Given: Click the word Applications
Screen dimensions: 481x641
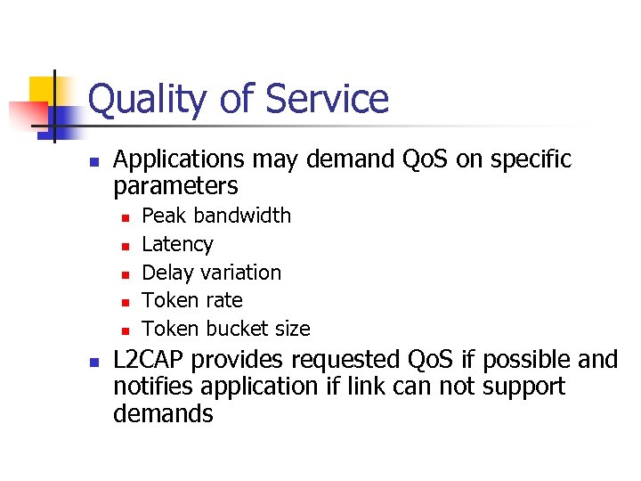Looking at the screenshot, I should (x=180, y=160).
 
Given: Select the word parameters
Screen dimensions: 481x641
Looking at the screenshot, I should (x=175, y=186).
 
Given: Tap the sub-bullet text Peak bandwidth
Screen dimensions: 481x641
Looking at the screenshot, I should (x=216, y=216).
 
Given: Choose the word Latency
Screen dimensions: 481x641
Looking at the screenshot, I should (x=178, y=244).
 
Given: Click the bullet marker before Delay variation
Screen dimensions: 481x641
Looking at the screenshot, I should (x=126, y=273).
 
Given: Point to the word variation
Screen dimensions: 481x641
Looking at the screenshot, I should (x=239, y=273).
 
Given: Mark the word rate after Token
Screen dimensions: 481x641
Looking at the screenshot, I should (x=223, y=300).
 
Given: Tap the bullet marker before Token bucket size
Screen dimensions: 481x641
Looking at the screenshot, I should (x=126, y=330).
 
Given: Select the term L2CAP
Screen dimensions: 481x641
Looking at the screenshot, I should (x=150, y=360).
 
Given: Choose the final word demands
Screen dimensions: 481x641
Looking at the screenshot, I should (x=163, y=413).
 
